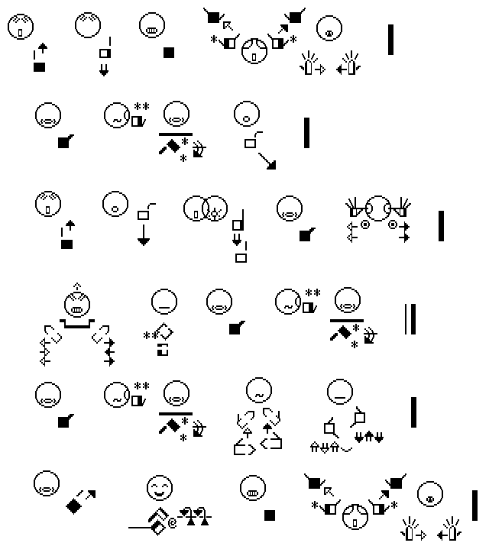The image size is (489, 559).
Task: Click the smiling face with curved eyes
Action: point(160,488)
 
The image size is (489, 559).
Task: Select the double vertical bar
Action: point(410,319)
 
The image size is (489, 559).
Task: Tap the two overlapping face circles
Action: point(206,208)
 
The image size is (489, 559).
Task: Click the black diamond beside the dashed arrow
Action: point(74,506)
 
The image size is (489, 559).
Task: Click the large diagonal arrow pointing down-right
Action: point(267,161)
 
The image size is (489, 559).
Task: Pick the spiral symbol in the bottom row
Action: point(172,523)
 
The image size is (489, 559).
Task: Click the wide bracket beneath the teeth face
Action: point(77,324)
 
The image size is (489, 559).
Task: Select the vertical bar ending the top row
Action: point(391,40)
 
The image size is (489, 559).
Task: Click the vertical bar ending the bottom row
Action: point(474,506)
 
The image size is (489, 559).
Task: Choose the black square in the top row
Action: point(169,53)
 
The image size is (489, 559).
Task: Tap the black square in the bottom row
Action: point(270,515)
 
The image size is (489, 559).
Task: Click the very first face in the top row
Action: point(21,27)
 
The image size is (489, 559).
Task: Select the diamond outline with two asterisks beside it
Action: point(164,332)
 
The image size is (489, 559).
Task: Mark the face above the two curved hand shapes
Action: point(259,391)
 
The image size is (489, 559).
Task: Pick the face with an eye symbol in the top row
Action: point(329,28)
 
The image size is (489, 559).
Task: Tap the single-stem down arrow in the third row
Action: point(144,235)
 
